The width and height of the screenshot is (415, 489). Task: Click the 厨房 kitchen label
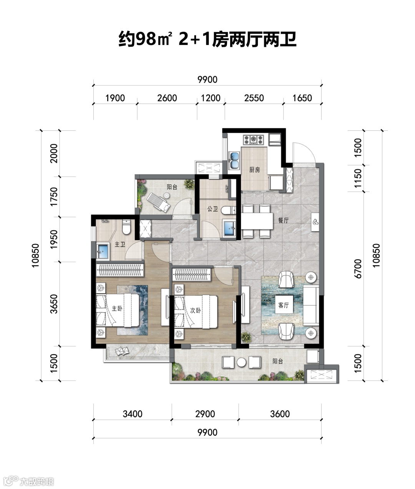[254, 170]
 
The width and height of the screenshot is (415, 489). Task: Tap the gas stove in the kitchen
[253, 140]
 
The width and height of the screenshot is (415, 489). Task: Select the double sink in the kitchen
[234, 160]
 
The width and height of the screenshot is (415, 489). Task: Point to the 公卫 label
[212, 209]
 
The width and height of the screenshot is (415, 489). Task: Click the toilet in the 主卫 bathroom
[126, 227]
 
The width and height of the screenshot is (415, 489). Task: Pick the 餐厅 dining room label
[283, 220]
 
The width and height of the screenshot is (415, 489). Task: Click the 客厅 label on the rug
[283, 305]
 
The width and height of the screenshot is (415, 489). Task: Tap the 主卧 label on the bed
[117, 309]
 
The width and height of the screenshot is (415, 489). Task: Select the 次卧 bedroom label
[196, 310]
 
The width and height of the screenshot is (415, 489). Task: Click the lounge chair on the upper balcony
[158, 202]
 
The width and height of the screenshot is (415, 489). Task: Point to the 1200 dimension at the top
[211, 98]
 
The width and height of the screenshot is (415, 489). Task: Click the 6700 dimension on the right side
[358, 269]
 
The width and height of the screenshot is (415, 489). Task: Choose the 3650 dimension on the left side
[54, 304]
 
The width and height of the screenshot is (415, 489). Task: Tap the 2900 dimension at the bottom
[205, 414]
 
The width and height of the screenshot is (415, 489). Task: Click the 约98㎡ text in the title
[144, 39]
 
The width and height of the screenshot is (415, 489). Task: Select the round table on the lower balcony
[242, 362]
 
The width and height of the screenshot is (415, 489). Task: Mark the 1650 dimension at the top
[302, 98]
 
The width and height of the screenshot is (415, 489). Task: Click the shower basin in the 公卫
[229, 229]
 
